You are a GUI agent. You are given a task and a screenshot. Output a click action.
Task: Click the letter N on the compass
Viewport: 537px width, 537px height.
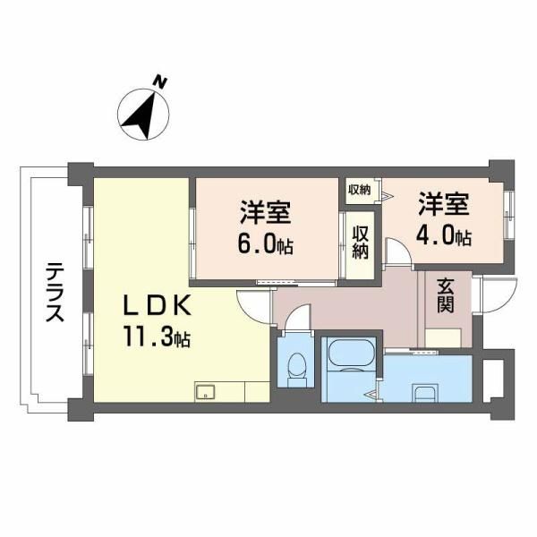coord(159,83)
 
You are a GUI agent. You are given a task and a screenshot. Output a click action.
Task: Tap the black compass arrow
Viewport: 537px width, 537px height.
coord(141,115)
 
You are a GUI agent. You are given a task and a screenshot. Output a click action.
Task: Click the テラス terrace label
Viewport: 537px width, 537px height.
coord(55,292)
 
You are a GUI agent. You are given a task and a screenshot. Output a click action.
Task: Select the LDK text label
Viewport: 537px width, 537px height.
coord(157,305)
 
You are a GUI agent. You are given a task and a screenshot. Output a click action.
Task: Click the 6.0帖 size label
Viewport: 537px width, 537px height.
coord(265,243)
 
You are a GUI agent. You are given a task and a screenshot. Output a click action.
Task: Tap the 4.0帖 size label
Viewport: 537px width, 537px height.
coord(444,235)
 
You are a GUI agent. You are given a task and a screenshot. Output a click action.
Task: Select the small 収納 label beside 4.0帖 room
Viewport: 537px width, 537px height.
coord(360,190)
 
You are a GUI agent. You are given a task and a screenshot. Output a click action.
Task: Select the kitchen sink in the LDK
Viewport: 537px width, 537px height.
coord(205,391)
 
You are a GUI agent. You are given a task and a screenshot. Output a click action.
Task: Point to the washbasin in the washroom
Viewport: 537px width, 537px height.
coord(426,393)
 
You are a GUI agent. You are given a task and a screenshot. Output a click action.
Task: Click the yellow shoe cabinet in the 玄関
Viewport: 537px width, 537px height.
coord(443,337)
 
